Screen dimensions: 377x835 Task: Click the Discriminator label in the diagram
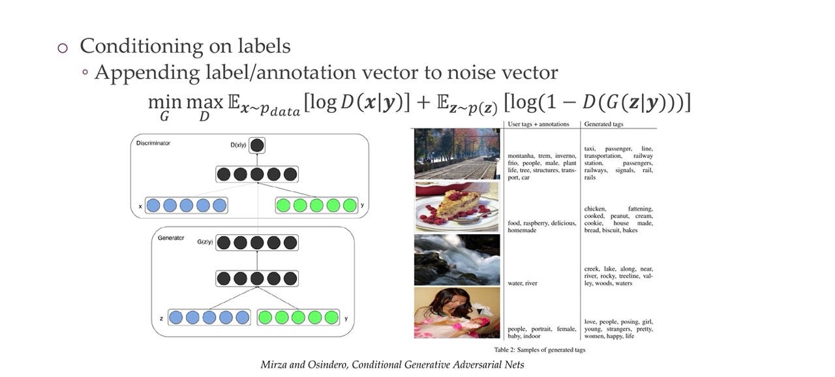point(153,143)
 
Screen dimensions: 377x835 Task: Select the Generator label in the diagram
point(171,238)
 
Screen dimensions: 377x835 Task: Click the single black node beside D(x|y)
point(258,145)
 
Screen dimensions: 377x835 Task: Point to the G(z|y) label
point(205,242)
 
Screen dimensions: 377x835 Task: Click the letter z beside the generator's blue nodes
point(161,318)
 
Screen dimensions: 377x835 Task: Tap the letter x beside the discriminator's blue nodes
point(140,206)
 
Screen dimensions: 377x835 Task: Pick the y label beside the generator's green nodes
point(346,318)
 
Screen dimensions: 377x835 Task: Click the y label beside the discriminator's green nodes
point(363,205)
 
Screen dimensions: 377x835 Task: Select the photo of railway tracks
point(457,153)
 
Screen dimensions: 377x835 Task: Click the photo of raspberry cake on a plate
point(457,207)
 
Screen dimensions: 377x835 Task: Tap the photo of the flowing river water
point(457,260)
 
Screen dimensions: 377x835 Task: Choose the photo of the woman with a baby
point(457,312)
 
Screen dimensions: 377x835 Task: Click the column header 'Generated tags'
point(603,124)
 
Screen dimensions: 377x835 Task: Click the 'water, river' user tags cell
point(523,283)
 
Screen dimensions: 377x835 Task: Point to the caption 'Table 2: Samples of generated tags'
point(539,350)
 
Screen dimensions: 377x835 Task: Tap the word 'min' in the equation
point(164,102)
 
